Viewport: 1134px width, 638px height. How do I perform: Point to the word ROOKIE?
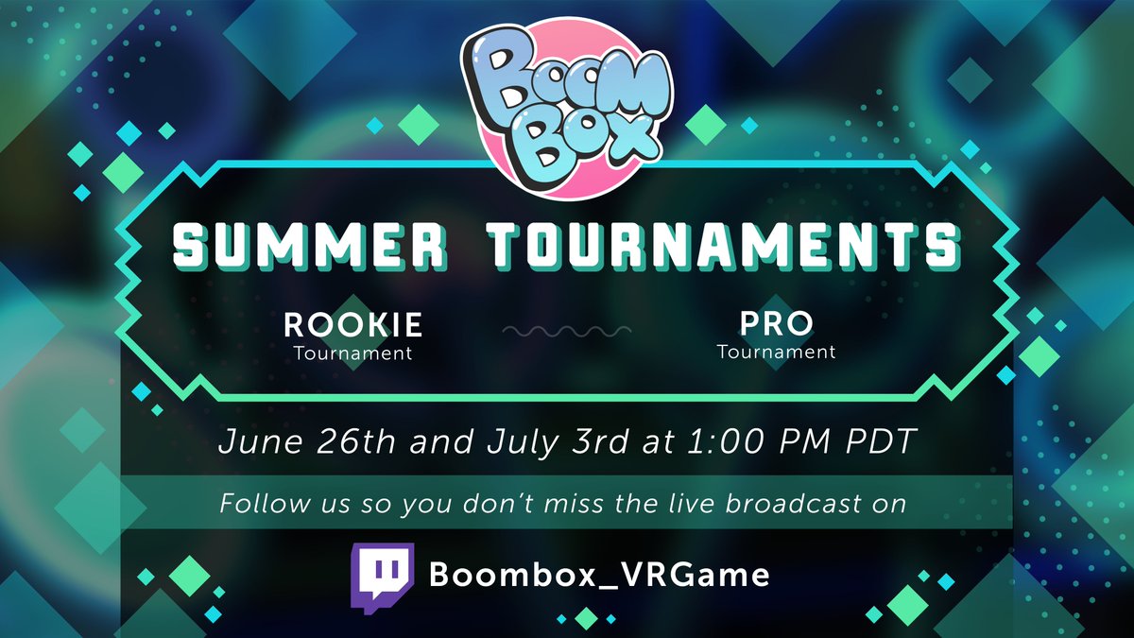pyautogui.click(x=353, y=325)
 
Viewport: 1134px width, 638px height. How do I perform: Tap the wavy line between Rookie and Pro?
pyautogui.click(x=566, y=332)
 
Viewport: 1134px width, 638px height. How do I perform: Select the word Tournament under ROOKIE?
pyautogui.click(x=352, y=354)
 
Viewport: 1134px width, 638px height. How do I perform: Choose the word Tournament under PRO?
pyautogui.click(x=776, y=353)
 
